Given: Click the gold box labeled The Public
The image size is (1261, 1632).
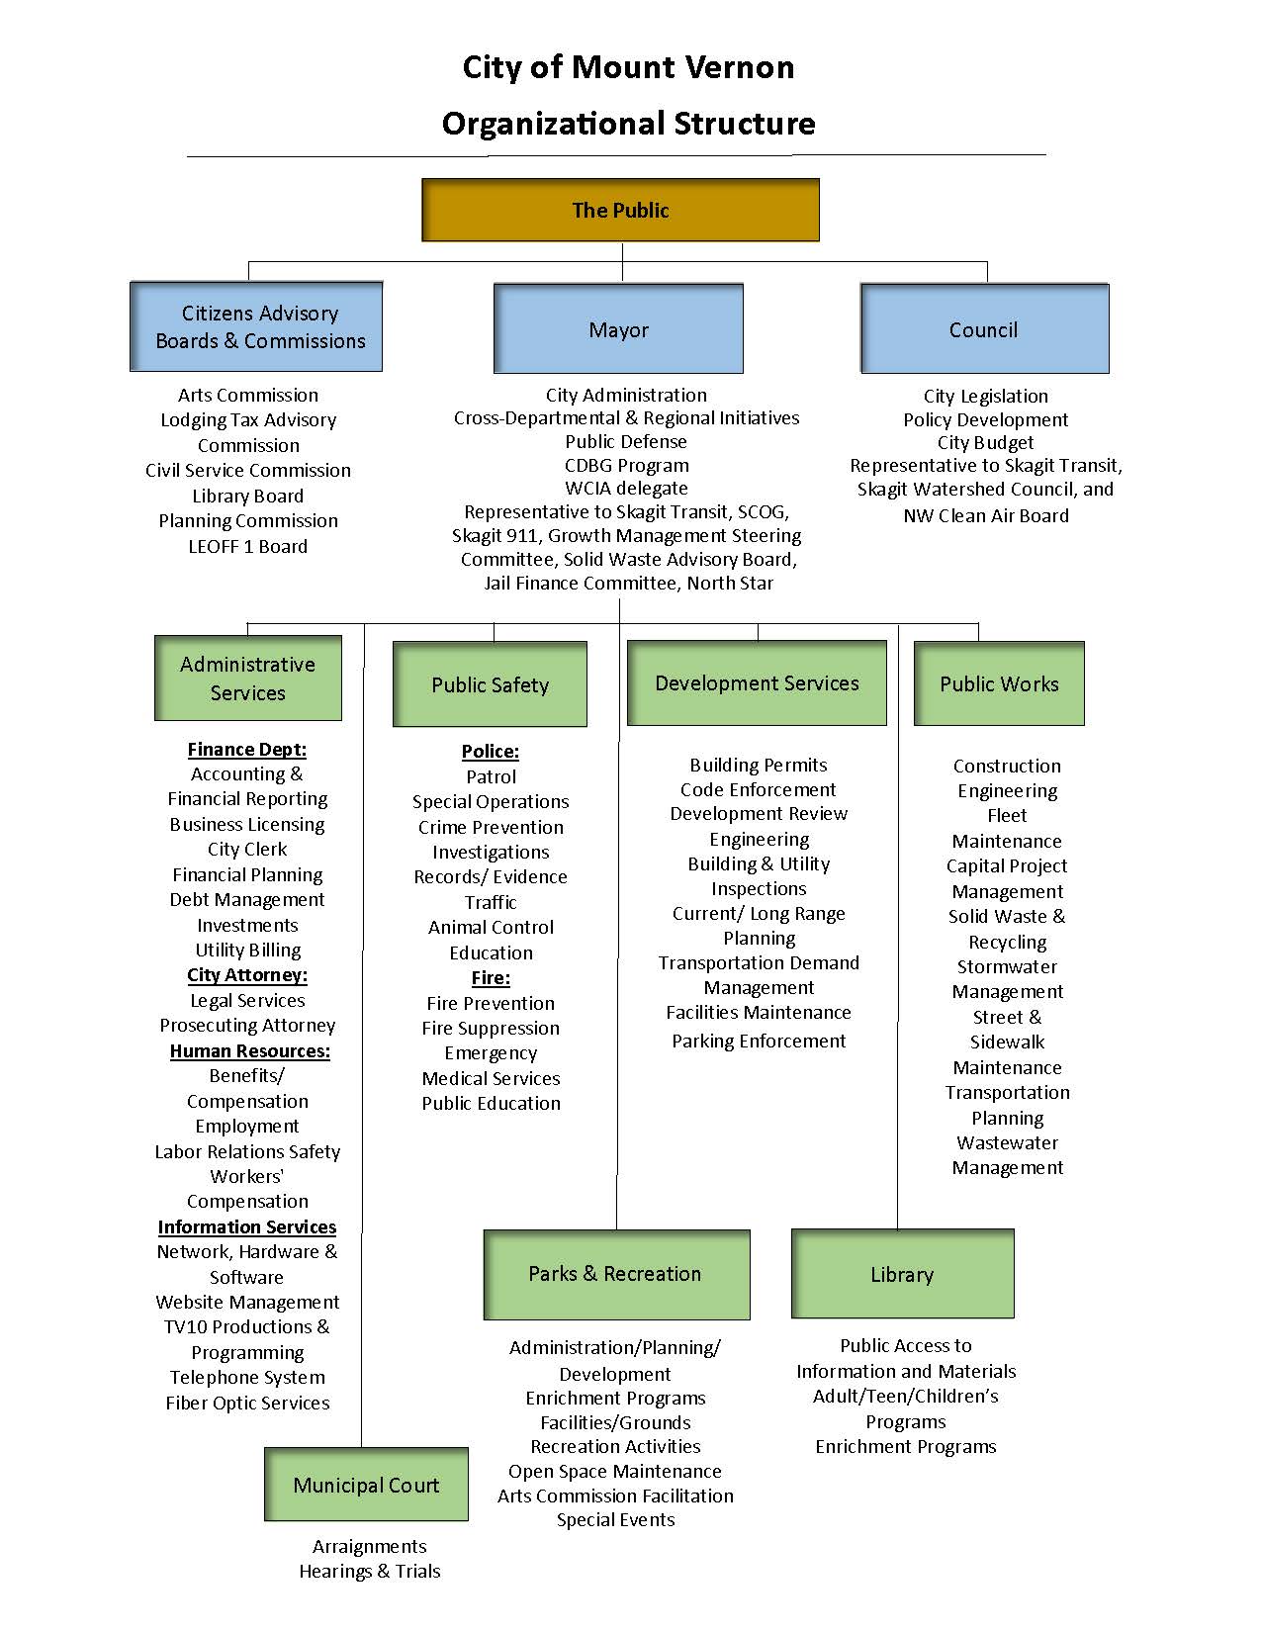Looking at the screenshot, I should (620, 210).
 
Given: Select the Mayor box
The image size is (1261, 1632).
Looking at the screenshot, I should (618, 329).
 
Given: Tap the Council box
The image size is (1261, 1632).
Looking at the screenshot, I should (984, 329).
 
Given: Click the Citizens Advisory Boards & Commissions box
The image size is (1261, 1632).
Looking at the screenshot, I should (256, 326).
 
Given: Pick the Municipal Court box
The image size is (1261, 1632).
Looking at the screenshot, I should (366, 1485).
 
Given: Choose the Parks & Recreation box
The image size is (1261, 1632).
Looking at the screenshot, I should (615, 1274).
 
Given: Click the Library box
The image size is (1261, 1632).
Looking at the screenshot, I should (902, 1274).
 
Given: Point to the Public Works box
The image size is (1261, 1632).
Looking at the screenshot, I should (999, 683).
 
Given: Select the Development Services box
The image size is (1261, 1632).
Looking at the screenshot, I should (757, 682).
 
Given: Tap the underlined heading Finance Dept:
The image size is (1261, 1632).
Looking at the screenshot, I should (247, 749).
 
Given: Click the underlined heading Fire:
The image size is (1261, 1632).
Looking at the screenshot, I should (491, 978).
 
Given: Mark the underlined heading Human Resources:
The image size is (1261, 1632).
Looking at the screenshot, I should (249, 1050).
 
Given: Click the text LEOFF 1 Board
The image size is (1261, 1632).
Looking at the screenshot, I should (248, 546).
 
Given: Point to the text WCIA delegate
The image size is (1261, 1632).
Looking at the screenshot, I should (626, 488).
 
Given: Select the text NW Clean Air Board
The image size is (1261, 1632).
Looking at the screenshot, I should (986, 515).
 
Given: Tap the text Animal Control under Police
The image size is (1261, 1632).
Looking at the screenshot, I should (491, 927).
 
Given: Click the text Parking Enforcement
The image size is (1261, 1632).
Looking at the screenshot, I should (759, 1041).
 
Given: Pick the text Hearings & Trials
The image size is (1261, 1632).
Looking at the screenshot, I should (370, 1571).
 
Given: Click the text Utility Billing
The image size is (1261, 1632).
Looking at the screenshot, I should (248, 950).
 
